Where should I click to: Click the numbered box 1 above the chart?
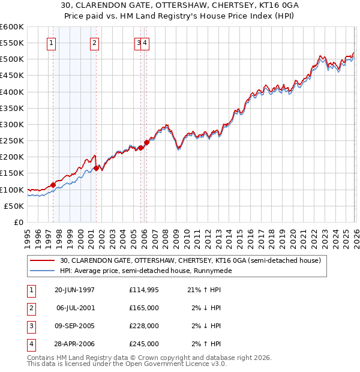pos(51,43)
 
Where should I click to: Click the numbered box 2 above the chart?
pos(95,43)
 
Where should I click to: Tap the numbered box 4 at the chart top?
pos(146,43)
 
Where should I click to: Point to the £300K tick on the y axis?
pos(11,125)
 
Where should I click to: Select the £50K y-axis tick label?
pos(14,206)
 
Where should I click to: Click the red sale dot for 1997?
pos(53,185)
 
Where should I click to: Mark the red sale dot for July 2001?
pos(96,169)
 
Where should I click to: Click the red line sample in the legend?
pos(43,260)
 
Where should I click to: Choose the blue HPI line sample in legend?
pos(43,271)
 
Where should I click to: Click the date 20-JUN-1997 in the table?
pos(74,290)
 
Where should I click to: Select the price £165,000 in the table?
pos(144,308)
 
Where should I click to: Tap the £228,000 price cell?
pos(144,326)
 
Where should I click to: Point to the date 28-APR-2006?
pos(74,344)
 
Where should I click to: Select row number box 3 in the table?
pos(31,326)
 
